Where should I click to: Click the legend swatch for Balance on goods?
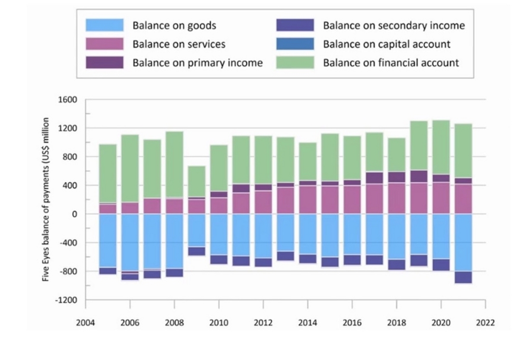[105, 26]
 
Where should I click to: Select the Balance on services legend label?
[179, 44]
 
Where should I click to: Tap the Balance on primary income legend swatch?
[105, 63]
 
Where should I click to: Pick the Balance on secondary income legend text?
[394, 26]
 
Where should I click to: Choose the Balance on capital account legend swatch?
[295, 44]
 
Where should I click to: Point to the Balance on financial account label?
[391, 63]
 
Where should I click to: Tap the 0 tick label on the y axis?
[74, 214]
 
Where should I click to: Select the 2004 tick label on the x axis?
[86, 323]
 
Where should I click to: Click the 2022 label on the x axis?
[485, 323]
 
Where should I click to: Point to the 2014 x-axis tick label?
[308, 323]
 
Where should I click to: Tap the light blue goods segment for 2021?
[463, 242]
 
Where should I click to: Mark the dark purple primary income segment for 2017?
[375, 178]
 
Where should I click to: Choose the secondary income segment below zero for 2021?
[463, 277]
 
